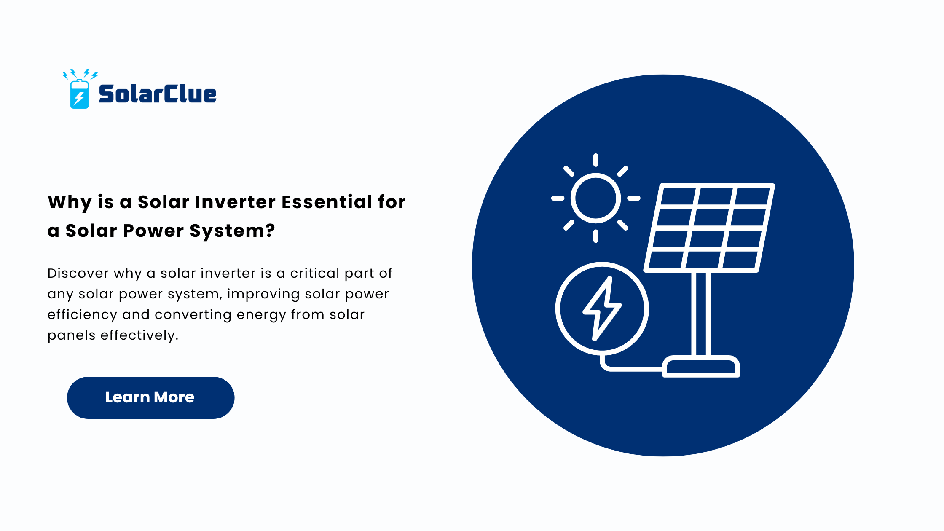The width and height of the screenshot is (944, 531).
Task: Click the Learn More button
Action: click(x=150, y=397)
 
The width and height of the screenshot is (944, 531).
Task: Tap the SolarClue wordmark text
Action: click(x=158, y=94)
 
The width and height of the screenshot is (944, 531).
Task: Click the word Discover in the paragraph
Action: click(x=78, y=273)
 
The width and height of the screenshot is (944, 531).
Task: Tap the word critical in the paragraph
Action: click(x=314, y=273)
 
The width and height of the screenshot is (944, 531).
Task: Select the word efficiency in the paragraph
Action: click(x=82, y=315)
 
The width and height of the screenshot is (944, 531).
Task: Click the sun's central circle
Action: click(x=595, y=198)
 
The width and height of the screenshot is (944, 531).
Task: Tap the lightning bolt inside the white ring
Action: click(x=602, y=308)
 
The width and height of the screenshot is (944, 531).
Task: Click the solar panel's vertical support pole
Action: click(x=701, y=314)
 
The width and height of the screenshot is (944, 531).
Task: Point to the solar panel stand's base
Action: click(x=701, y=366)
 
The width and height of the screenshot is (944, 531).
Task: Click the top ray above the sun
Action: click(x=595, y=160)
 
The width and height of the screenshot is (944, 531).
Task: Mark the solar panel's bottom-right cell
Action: click(x=740, y=260)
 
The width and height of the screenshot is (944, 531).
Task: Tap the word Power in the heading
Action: click(x=153, y=231)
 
